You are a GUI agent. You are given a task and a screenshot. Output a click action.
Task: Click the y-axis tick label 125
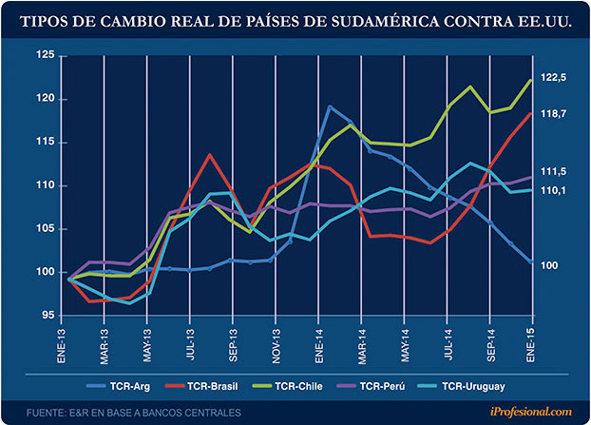(x=44, y=55)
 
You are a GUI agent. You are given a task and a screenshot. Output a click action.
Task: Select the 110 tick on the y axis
(x=44, y=185)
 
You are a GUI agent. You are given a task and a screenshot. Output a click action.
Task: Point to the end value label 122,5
(x=554, y=77)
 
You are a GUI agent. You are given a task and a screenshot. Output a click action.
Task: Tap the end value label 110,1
(x=554, y=191)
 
